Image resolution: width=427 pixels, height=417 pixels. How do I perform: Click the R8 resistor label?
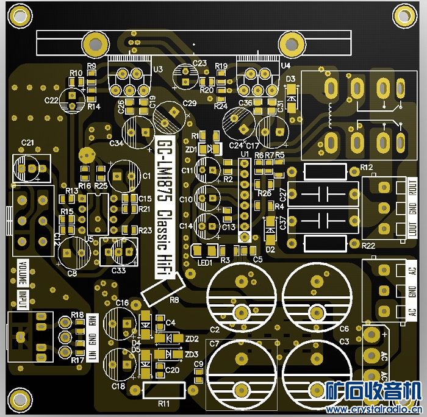(174, 300)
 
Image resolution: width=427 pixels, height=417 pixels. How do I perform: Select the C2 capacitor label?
(214, 330)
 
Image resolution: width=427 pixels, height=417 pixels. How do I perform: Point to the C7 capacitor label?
(214, 344)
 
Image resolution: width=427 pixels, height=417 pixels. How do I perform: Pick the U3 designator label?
(158, 69)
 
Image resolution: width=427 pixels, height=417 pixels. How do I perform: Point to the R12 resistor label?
(366, 167)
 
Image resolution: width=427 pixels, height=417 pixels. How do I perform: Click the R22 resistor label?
(368, 245)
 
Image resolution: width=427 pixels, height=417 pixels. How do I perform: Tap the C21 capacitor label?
(27, 143)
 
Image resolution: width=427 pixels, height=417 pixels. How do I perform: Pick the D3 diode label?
(290, 79)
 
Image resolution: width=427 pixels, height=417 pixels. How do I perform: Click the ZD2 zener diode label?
(192, 339)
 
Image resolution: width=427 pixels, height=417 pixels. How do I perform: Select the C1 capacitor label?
(146, 176)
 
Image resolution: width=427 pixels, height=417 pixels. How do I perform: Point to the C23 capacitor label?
(199, 63)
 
